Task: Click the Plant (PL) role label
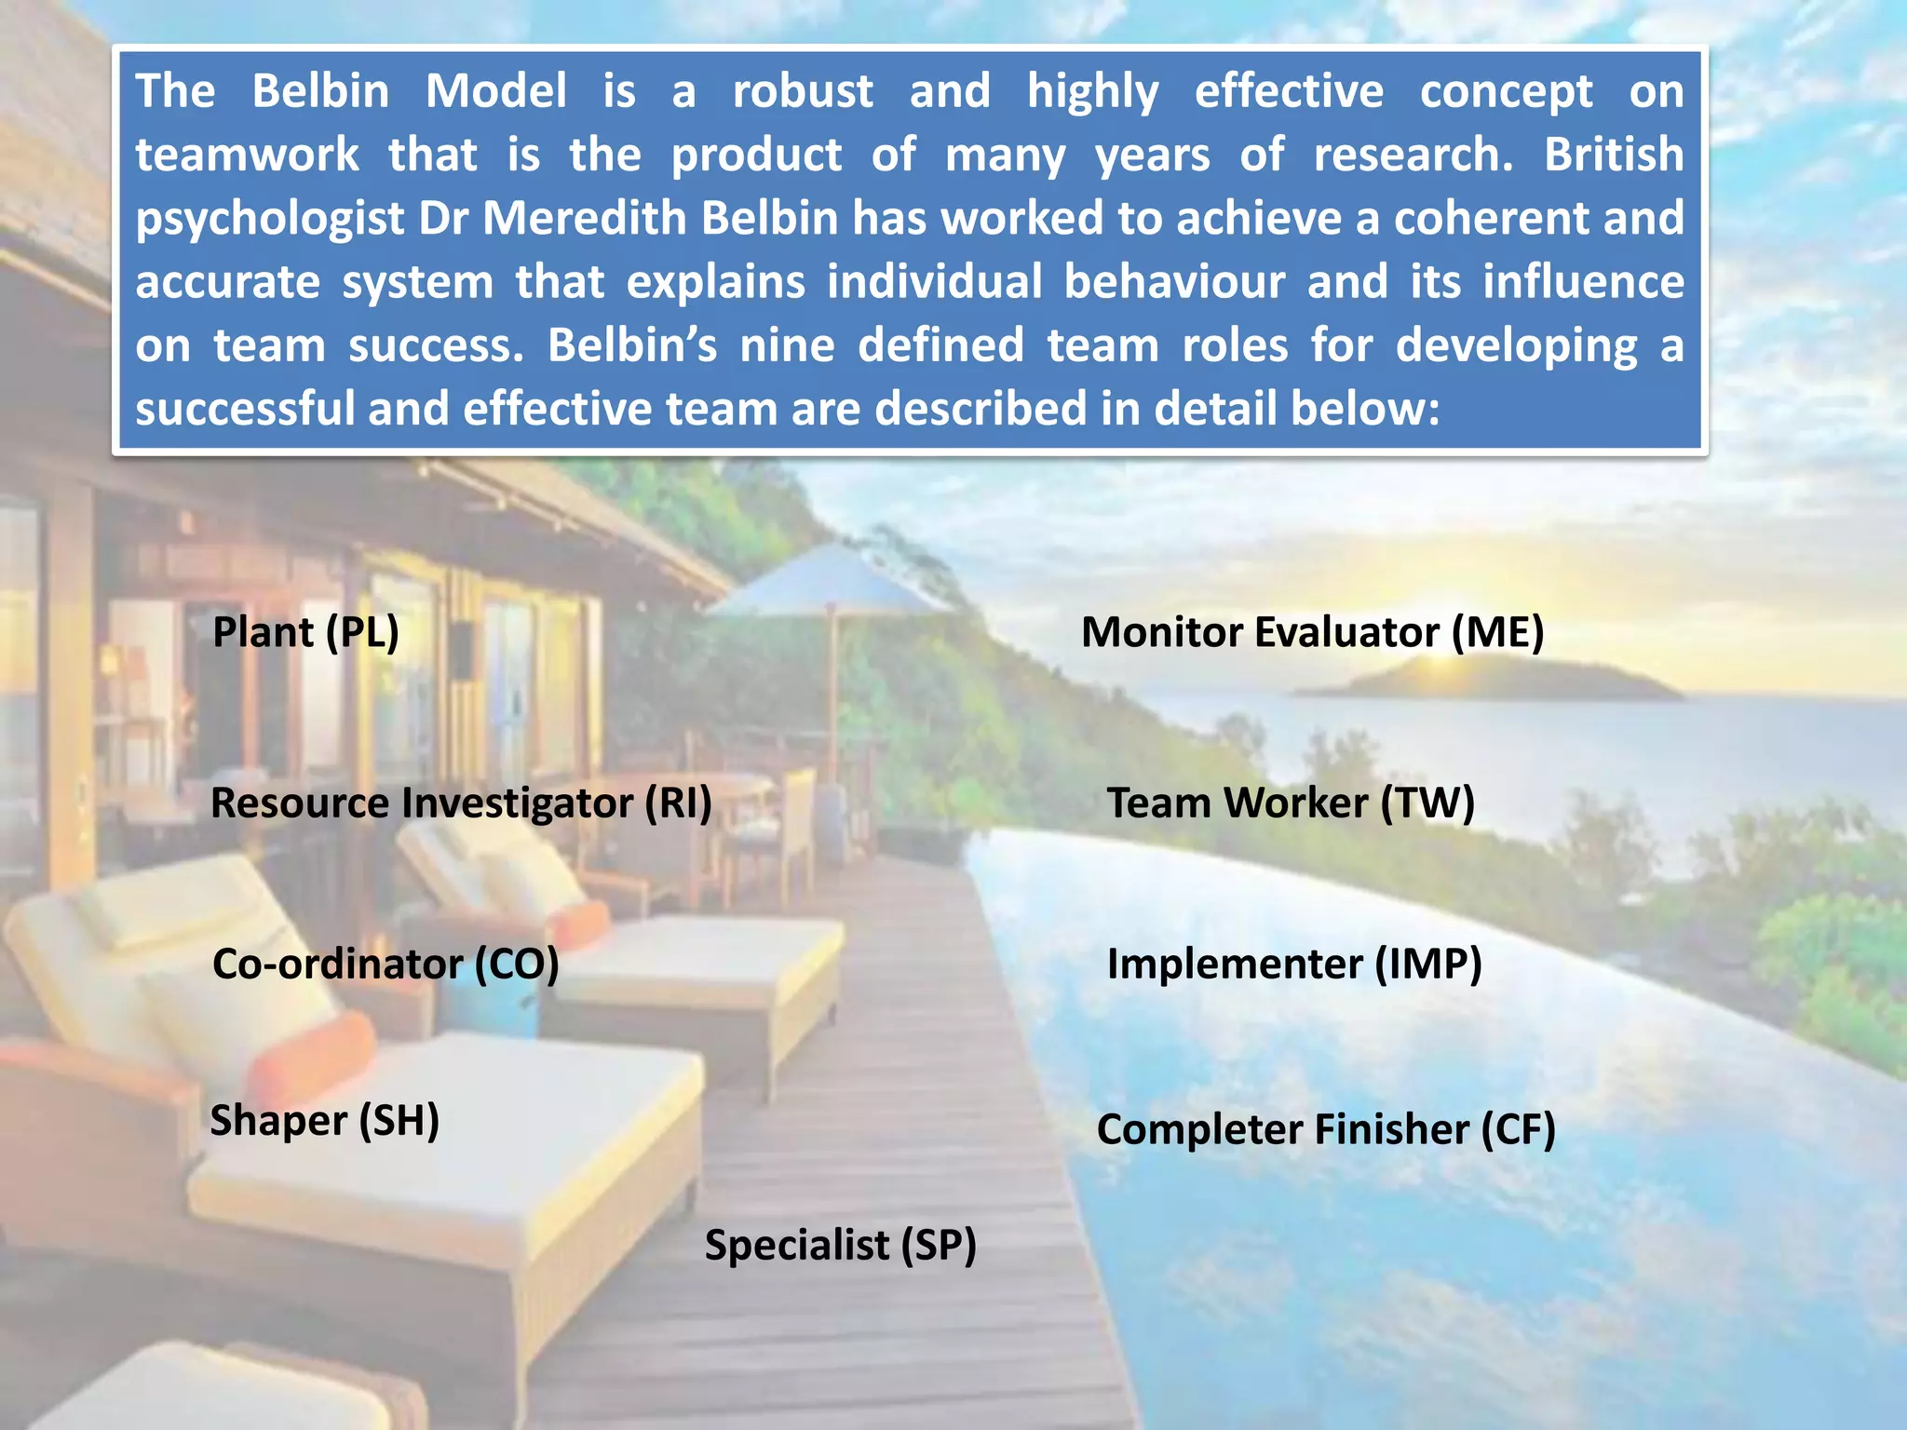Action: [x=305, y=632]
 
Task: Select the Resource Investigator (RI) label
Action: [x=461, y=803]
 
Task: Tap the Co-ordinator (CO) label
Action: [x=385, y=964]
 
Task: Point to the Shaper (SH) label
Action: [x=324, y=1120]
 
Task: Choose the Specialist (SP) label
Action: [x=840, y=1245]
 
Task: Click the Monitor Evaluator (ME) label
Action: [x=1312, y=632]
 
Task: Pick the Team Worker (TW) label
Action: [x=1290, y=803]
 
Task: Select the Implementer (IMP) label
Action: [x=1293, y=964]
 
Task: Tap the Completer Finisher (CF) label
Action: [x=1326, y=1129]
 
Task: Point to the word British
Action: [x=1614, y=155]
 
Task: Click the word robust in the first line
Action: [x=803, y=91]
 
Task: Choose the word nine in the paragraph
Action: [x=787, y=344]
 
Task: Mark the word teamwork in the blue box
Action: [x=247, y=155]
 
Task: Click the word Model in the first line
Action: [x=495, y=91]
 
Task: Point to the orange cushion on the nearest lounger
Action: [x=312, y=1057]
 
